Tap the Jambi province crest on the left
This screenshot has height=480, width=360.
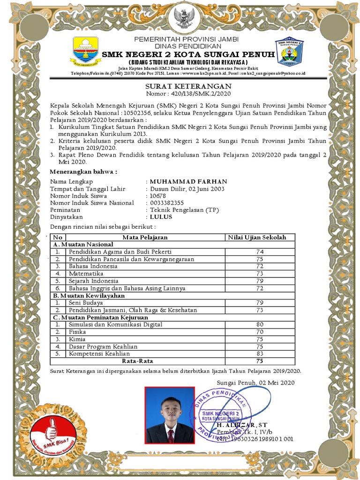click(x=86, y=51)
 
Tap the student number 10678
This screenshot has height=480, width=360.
click(x=158, y=196)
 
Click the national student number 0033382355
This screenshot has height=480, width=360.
click(x=167, y=203)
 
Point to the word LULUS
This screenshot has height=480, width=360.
click(x=161, y=217)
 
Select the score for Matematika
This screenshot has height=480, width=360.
click(x=260, y=273)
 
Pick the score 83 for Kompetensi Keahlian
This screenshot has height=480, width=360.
click(x=260, y=353)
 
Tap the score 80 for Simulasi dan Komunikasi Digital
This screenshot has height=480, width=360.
click(x=260, y=324)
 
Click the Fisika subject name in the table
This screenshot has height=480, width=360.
click(x=77, y=332)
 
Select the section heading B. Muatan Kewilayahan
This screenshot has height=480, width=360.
click(x=89, y=296)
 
